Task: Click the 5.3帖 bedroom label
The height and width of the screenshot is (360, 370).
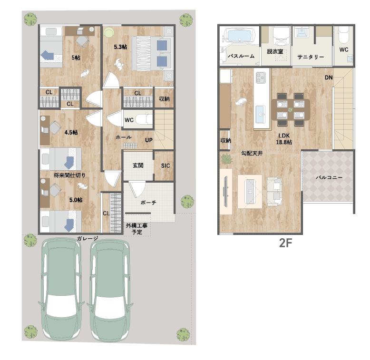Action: (x=120, y=47)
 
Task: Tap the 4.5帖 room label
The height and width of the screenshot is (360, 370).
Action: (x=71, y=132)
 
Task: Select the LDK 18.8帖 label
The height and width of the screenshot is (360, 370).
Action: (x=284, y=139)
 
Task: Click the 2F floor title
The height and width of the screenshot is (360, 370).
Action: (x=285, y=243)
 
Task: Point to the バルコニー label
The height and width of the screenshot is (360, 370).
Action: (x=329, y=177)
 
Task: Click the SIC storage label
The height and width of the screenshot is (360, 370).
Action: (x=166, y=166)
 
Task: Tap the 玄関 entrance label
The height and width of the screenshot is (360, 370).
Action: (x=138, y=165)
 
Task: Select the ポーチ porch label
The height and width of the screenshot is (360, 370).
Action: (x=148, y=203)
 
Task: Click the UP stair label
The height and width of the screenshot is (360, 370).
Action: (x=149, y=140)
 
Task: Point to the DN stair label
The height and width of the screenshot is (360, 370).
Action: (x=329, y=78)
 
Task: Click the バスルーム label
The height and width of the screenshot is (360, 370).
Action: (x=241, y=56)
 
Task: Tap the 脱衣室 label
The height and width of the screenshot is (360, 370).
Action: (x=275, y=51)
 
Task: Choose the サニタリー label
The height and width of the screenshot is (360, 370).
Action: (x=311, y=57)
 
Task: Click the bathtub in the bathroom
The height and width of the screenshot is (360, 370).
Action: (x=240, y=35)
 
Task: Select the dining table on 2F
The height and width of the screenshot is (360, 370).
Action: (x=291, y=109)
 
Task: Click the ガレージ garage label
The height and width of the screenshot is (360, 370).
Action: (x=88, y=239)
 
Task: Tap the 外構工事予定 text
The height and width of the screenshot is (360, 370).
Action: (x=136, y=229)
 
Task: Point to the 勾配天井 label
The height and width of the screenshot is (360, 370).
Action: (x=252, y=153)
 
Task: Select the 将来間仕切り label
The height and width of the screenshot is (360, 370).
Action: (x=69, y=175)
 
